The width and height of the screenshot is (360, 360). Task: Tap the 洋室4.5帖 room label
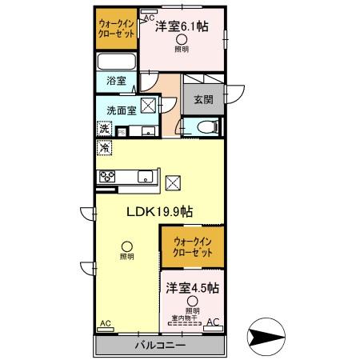193,286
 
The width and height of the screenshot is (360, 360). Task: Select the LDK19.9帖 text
158,212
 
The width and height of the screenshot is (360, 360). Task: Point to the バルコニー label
159,345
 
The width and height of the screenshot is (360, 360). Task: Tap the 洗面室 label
117,110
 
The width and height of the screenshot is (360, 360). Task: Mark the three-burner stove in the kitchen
107,178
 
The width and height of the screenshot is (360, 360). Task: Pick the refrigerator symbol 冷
104,147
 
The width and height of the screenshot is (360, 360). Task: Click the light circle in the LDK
126,246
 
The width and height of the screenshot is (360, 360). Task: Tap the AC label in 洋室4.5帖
214,322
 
